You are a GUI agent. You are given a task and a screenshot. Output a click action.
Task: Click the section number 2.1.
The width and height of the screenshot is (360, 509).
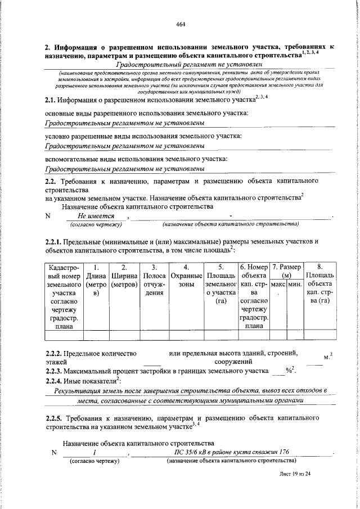52,100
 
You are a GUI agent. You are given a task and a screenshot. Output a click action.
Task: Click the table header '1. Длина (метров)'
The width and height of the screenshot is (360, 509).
97,280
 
